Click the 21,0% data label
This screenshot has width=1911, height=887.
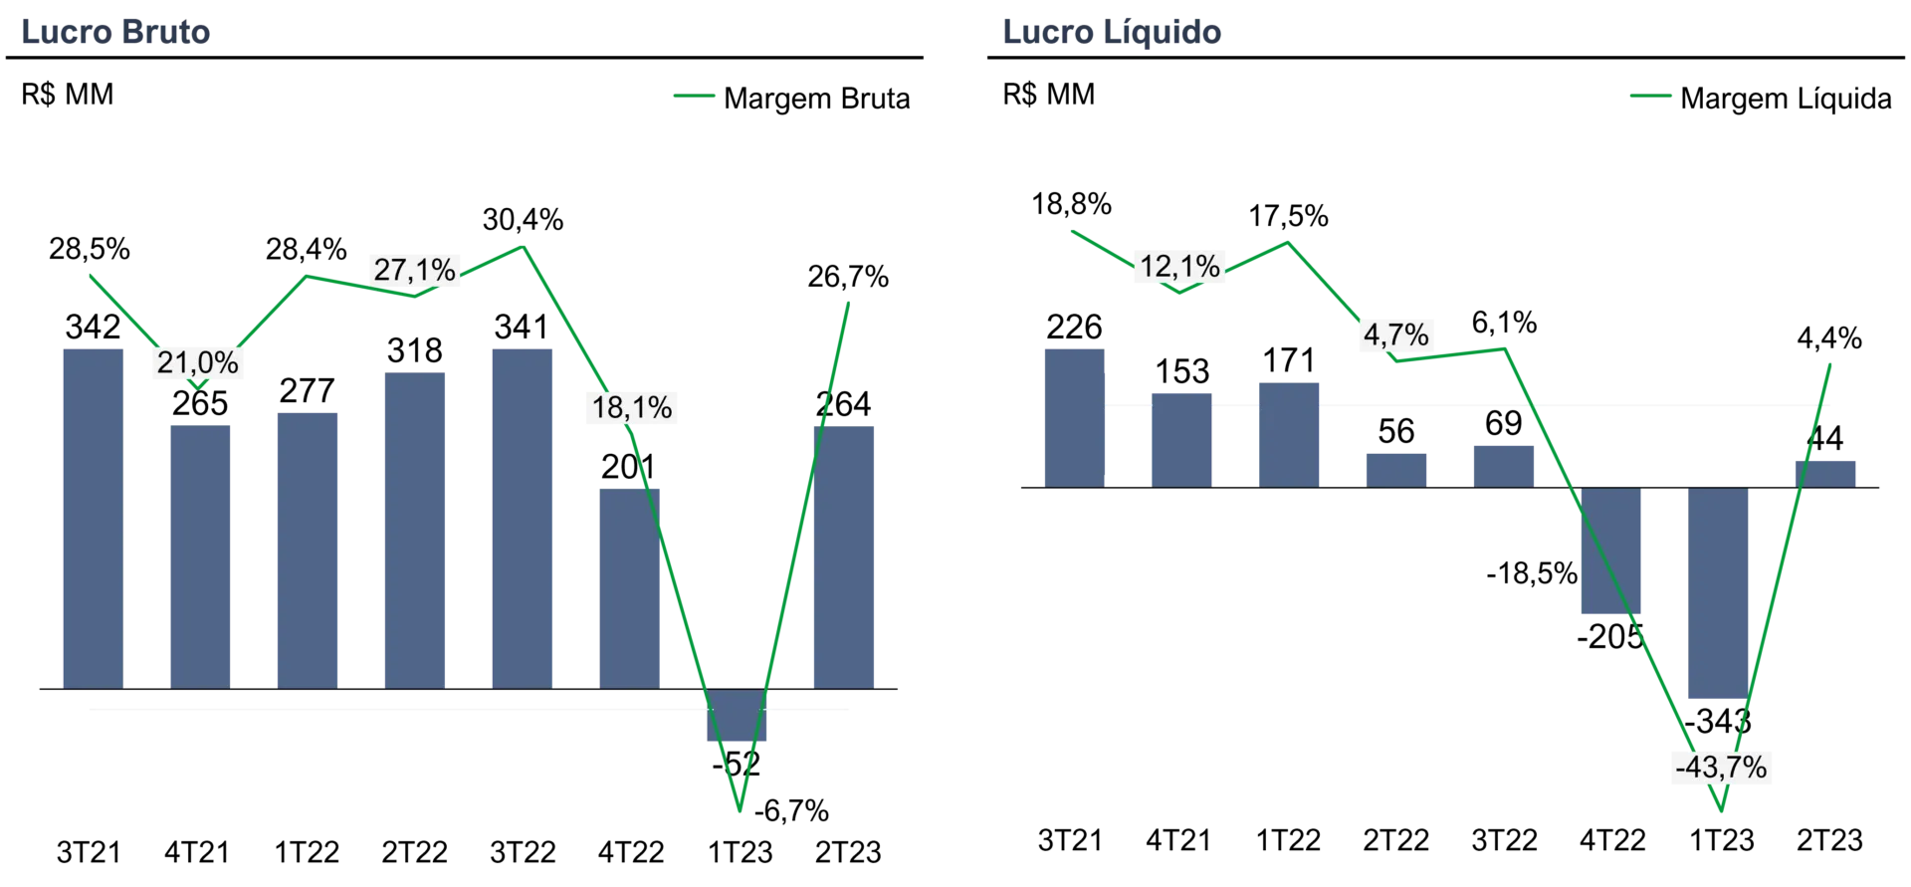pos(198,363)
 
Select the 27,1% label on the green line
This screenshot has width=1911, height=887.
pos(414,269)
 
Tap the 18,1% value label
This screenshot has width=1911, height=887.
pos(632,407)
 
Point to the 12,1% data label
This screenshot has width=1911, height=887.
pos(1179,267)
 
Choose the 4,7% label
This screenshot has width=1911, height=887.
pos(1395,335)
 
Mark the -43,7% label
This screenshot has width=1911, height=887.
pos(1721,768)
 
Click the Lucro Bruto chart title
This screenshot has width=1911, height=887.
pos(114,34)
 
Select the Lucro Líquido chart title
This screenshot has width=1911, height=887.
pos(1113,34)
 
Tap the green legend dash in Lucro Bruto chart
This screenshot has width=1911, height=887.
pos(692,96)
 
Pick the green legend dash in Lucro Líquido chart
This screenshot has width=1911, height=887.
pos(1651,96)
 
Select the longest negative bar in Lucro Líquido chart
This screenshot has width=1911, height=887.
pos(1720,593)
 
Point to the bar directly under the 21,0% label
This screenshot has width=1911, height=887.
pos(199,554)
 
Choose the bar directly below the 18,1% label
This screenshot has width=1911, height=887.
pos(628,587)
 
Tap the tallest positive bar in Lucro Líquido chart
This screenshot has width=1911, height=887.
pos(1075,415)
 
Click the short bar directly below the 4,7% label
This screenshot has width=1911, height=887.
pos(1396,467)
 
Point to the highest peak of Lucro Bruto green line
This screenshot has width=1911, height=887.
pos(525,244)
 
